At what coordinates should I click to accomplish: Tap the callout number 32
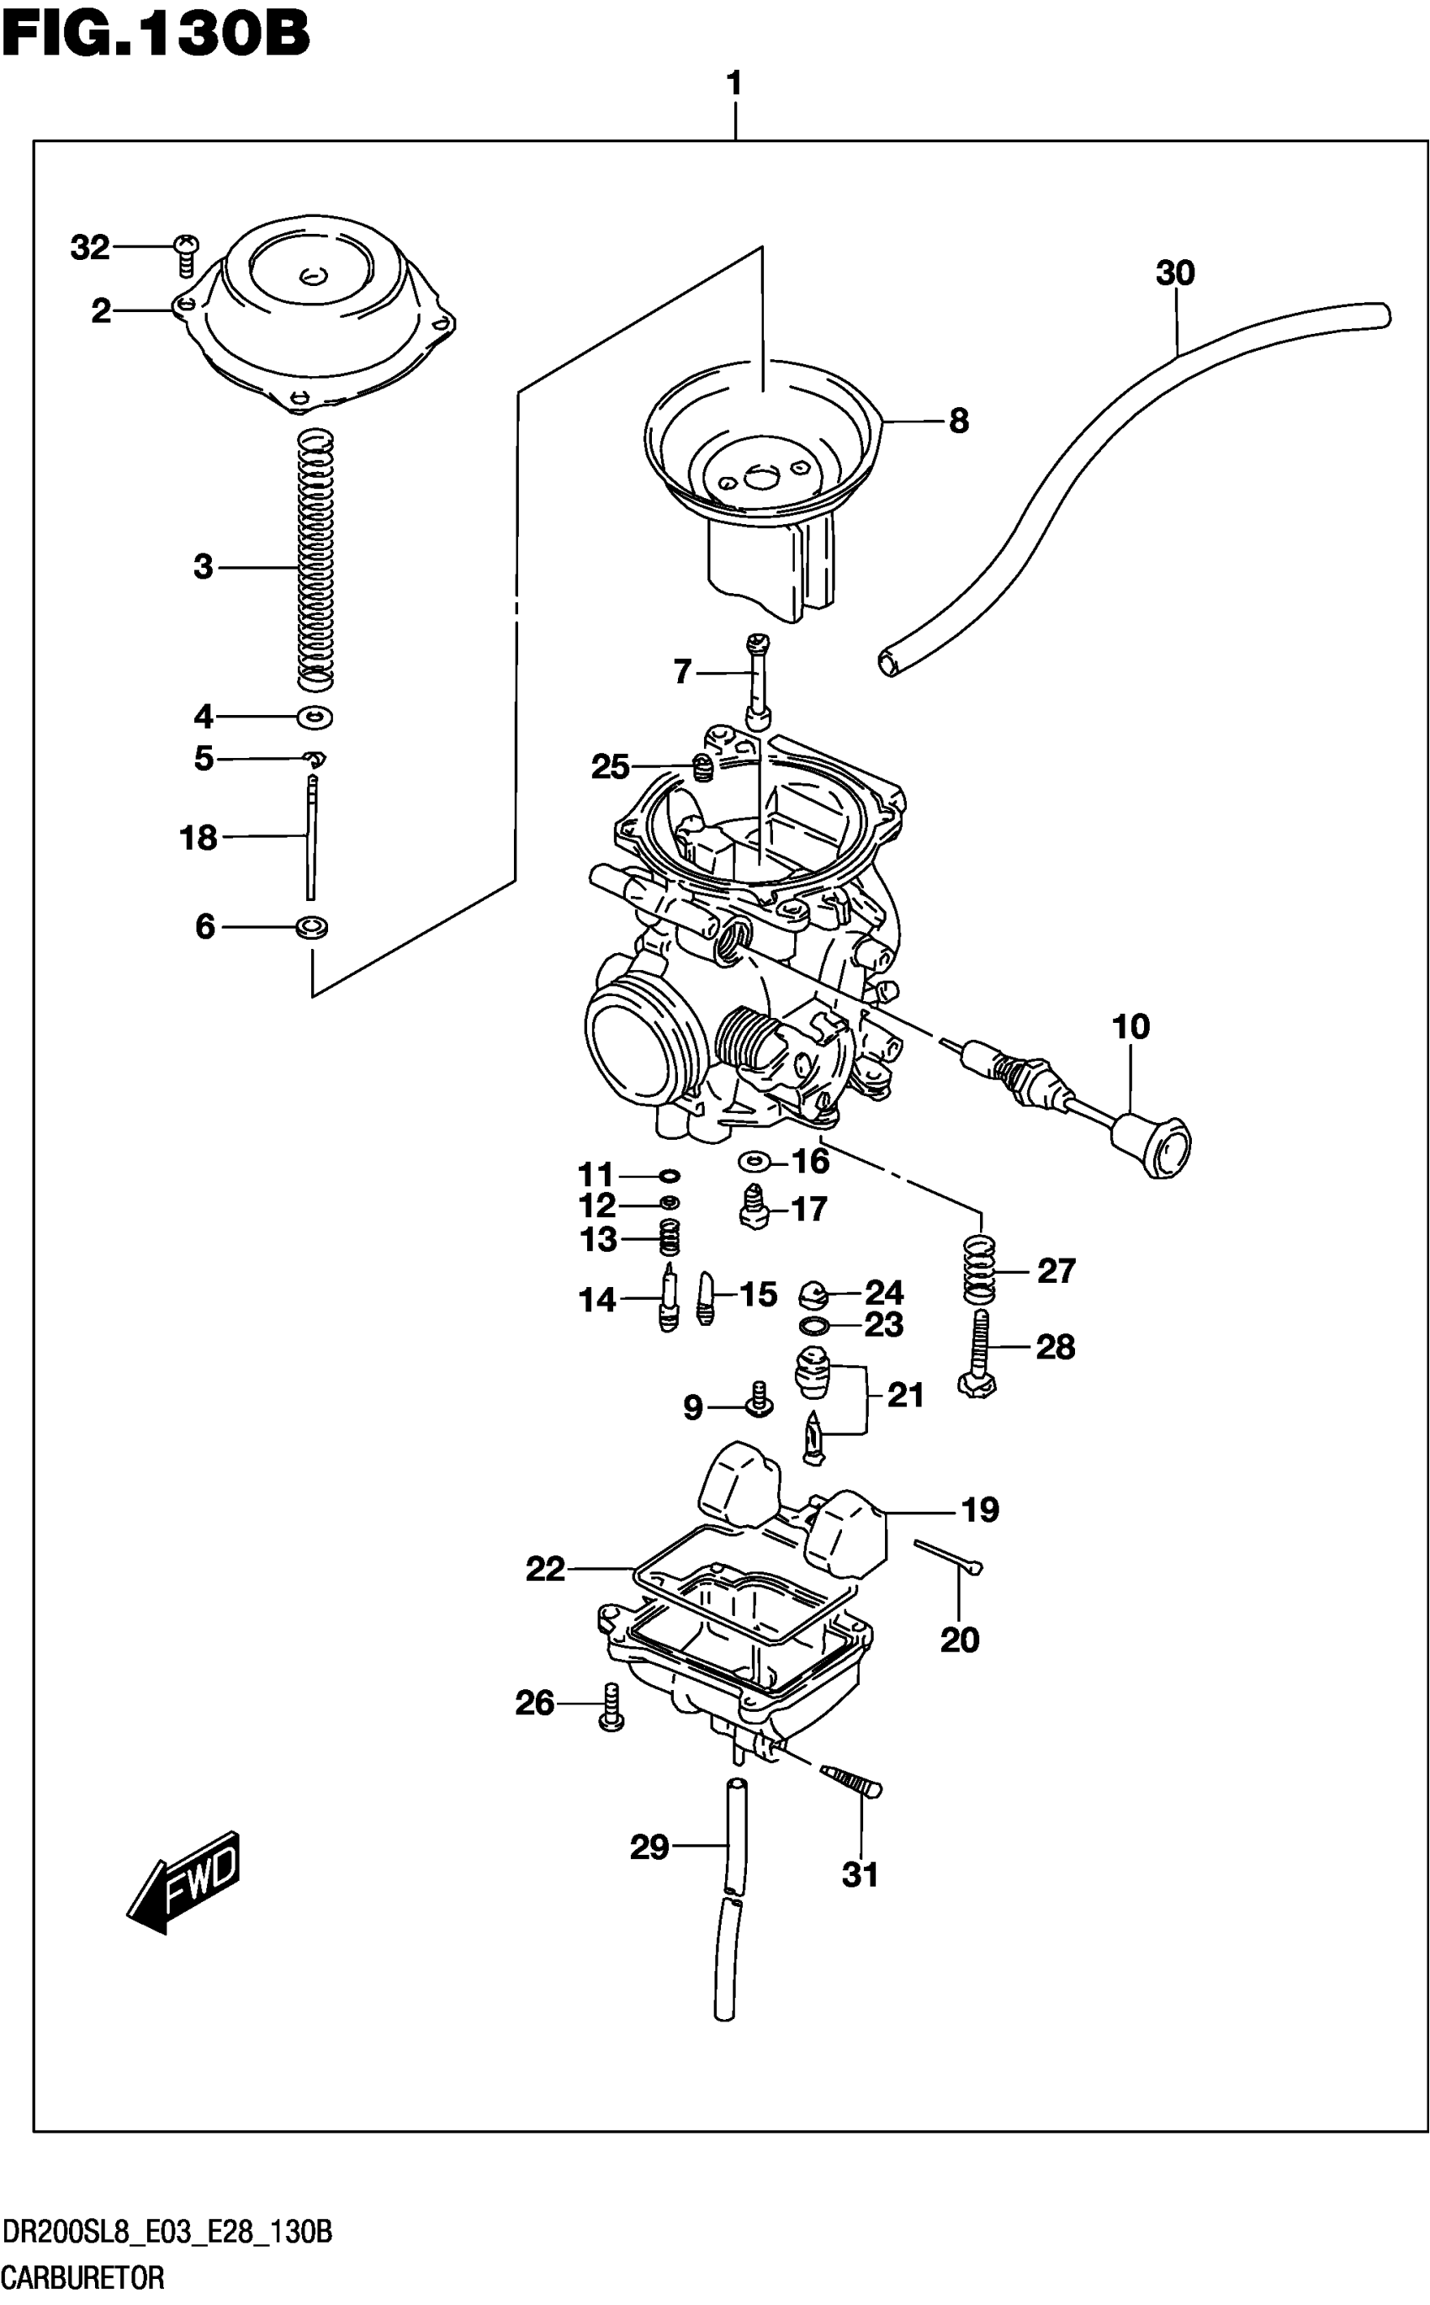(90, 248)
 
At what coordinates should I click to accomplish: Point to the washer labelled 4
(315, 717)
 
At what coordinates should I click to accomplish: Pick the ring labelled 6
(312, 927)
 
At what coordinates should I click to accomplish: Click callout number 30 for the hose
(1174, 273)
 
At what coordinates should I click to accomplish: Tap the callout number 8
(959, 421)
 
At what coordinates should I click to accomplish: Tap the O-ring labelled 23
(814, 1324)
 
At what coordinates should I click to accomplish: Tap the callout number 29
(649, 1847)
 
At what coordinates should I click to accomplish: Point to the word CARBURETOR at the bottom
(82, 2277)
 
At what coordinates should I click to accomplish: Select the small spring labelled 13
(670, 1237)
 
